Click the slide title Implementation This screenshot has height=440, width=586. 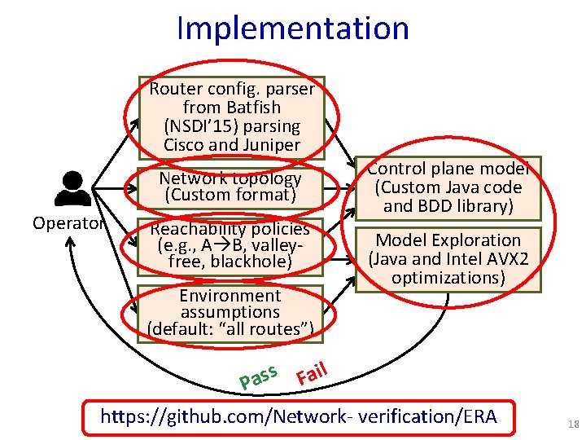point(292,28)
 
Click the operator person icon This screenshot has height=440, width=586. point(72,189)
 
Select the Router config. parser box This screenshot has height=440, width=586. point(231,117)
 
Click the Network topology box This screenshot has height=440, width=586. point(230,187)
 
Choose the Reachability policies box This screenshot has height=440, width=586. point(230,245)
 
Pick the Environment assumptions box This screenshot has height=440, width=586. point(230,312)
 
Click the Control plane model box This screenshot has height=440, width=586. point(448,187)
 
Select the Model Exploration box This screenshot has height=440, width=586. point(448,258)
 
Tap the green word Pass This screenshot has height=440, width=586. point(260,375)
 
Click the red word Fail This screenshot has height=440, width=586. point(312,372)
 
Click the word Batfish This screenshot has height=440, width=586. point(252,108)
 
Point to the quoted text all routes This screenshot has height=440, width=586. point(268,329)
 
